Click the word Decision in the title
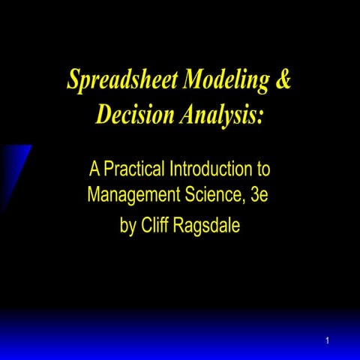(x=135, y=115)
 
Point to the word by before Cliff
(x=128, y=224)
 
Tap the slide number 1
(x=328, y=342)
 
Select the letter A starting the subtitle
(x=95, y=166)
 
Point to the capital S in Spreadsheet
(x=73, y=80)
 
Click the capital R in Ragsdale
(x=183, y=223)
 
